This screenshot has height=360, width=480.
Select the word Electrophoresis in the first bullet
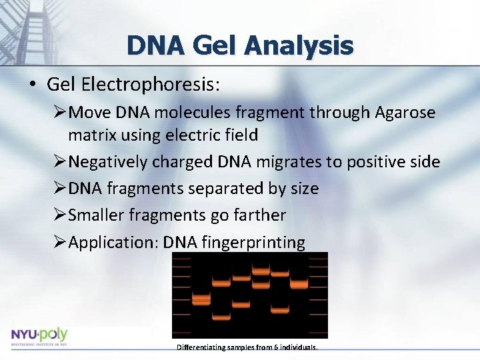coord(151,84)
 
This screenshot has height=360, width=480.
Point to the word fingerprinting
coord(253,242)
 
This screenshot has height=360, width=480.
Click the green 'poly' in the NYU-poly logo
coord(54,334)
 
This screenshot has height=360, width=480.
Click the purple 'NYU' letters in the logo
coord(25,335)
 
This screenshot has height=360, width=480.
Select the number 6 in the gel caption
coord(275,348)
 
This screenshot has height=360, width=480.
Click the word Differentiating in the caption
coord(198,348)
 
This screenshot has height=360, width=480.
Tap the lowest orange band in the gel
coord(221,315)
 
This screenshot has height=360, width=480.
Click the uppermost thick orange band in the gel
coord(260,271)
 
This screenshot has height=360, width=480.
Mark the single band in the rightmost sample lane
coord(299,285)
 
